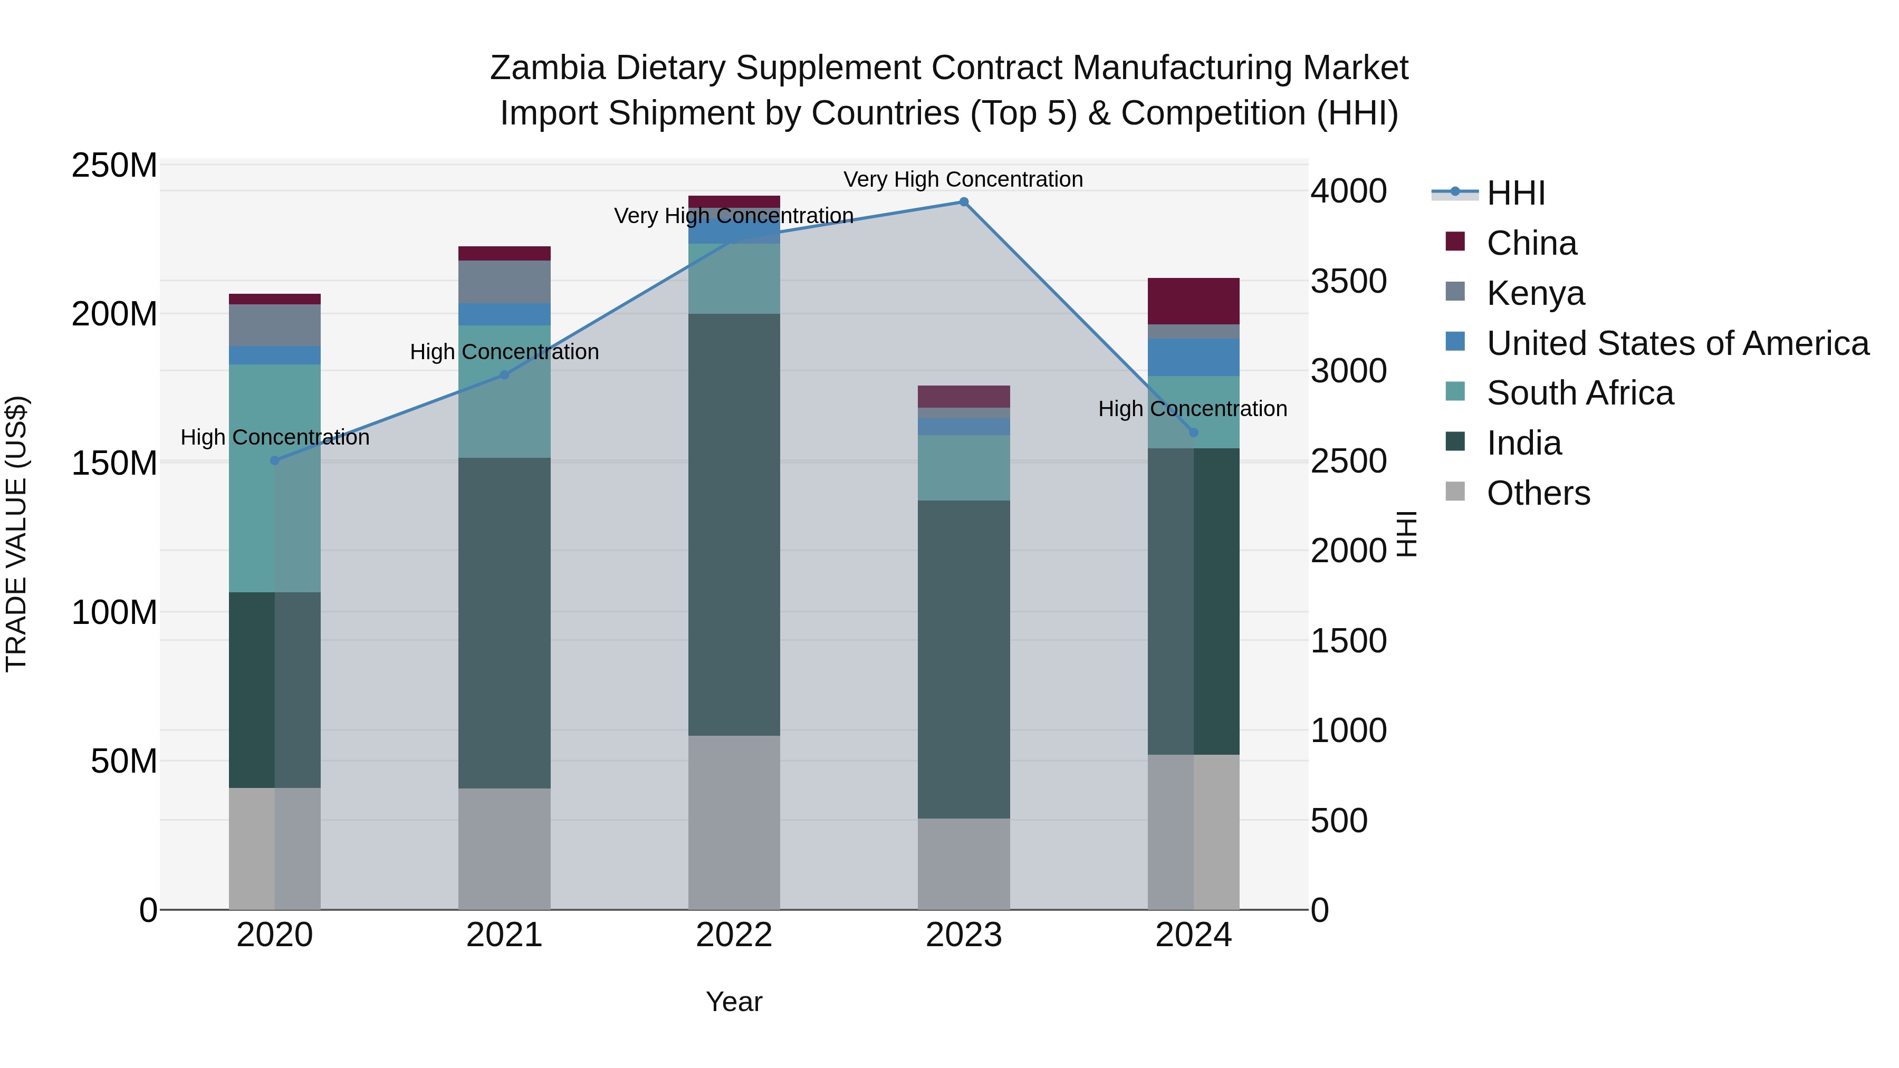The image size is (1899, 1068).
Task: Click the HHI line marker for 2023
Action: pos(964,202)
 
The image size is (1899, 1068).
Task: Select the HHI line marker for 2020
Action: pos(275,460)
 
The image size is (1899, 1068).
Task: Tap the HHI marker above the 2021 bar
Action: pos(504,374)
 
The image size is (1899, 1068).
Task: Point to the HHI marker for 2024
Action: pos(1194,432)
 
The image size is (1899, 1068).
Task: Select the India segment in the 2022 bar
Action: pos(734,524)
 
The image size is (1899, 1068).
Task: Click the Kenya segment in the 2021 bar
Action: pos(504,282)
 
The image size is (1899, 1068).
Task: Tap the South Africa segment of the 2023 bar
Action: pos(964,467)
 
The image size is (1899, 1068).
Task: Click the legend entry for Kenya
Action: pos(1535,293)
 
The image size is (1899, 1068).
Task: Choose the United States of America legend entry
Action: pos(1677,343)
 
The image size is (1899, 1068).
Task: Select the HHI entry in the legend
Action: pos(1515,193)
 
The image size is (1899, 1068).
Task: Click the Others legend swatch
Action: pos(1455,492)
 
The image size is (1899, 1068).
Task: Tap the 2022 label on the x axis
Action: pos(734,935)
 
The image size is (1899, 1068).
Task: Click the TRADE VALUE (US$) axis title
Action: pos(17,534)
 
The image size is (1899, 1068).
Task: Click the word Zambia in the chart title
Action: pos(547,68)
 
